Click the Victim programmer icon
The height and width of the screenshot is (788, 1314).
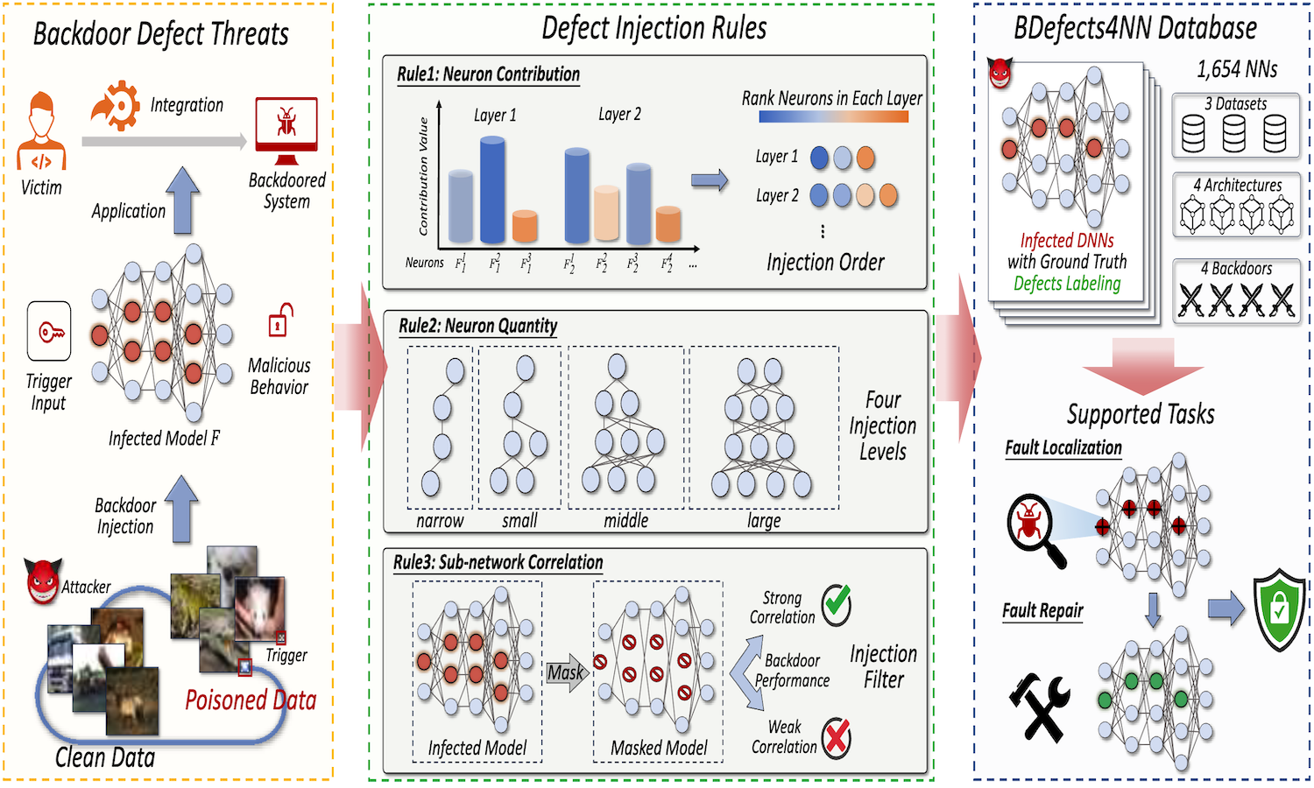tap(41, 131)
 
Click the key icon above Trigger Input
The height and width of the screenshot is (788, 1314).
tap(49, 332)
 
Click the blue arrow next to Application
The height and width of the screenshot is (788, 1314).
tap(182, 201)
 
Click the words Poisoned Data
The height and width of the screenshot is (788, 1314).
tap(251, 700)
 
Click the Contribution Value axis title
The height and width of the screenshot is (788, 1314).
tap(424, 176)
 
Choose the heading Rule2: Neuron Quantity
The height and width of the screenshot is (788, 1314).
tap(477, 326)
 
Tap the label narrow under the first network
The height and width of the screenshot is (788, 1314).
tap(440, 521)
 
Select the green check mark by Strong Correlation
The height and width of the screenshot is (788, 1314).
tap(837, 603)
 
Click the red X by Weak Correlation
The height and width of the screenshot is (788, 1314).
tap(837, 737)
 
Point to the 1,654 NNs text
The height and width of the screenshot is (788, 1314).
tap(1237, 69)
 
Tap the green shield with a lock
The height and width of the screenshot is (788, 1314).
tap(1279, 609)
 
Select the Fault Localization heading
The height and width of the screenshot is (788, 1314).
tap(1063, 448)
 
